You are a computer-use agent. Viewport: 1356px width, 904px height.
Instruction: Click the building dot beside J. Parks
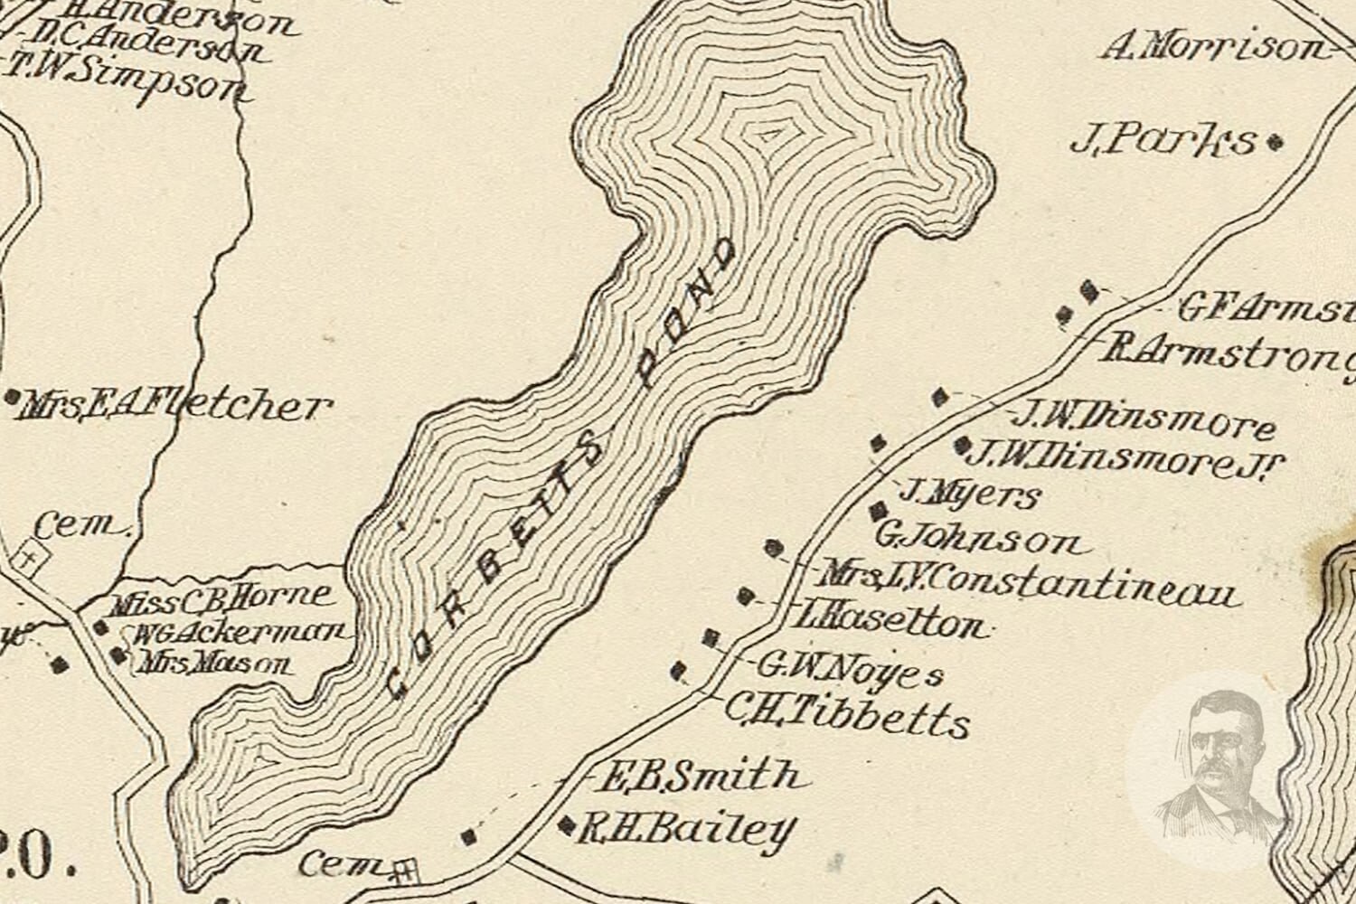[1276, 141]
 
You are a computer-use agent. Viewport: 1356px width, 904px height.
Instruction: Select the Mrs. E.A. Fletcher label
[172, 406]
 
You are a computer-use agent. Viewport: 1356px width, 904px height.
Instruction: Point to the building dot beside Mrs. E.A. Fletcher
[13, 397]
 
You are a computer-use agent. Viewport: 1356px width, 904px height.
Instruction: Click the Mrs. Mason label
[213, 666]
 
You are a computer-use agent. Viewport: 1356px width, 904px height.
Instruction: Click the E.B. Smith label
[702, 776]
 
